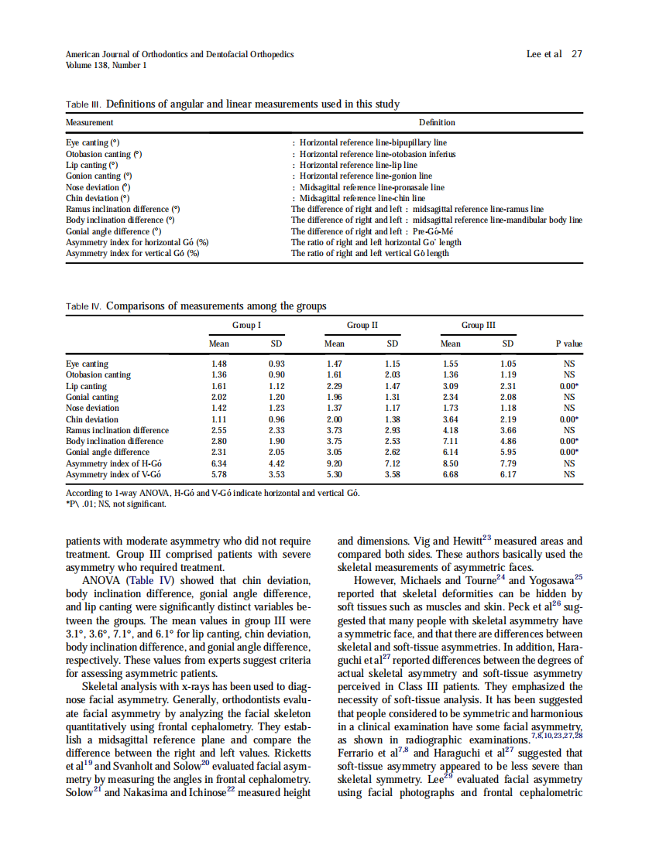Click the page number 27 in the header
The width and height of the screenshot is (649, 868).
pos(576,54)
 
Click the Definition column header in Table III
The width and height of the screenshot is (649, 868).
pos(437,122)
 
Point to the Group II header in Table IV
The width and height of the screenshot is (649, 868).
pos(362,325)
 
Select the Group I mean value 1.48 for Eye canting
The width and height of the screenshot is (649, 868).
pos(219,364)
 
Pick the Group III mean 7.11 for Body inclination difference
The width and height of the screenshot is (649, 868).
pos(450,441)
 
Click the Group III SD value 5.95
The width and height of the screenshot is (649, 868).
pos(507,452)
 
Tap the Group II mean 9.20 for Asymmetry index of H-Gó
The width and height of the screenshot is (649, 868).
pos(335,463)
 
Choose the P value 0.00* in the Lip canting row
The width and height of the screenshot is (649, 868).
pos(569,386)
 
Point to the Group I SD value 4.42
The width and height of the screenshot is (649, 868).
pos(276,463)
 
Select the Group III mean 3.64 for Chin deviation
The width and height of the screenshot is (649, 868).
pos(450,419)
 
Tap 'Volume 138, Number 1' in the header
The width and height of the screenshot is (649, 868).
pos(107,65)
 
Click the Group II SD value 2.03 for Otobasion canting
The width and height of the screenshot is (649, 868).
pos(393,375)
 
